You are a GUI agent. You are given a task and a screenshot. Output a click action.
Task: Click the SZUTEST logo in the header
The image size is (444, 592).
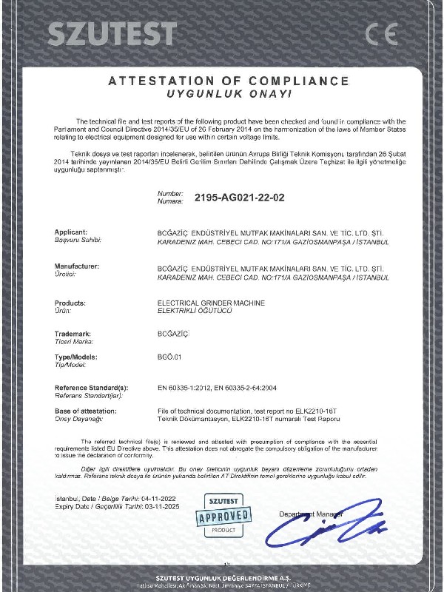tap(112, 33)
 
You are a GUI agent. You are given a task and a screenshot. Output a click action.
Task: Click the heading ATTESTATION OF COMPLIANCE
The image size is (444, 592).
tap(229, 81)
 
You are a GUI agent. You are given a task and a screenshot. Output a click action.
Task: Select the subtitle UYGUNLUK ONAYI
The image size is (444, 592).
tap(229, 95)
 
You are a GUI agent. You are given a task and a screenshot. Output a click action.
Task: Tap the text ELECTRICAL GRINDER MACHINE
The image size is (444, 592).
tap(211, 303)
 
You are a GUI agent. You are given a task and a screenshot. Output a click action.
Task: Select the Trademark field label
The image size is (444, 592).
tap(73, 334)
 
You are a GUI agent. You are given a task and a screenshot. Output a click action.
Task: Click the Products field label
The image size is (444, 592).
tap(70, 303)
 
